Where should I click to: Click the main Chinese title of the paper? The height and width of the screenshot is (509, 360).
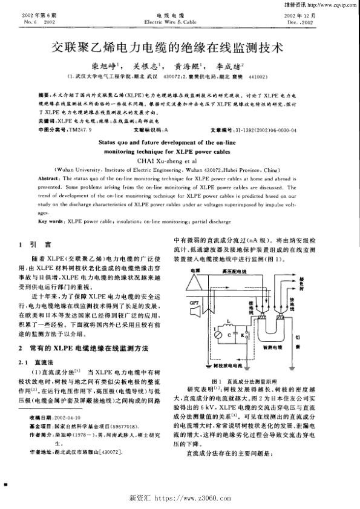[179, 45]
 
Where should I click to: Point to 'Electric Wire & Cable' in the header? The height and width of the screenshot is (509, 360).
[179, 21]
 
